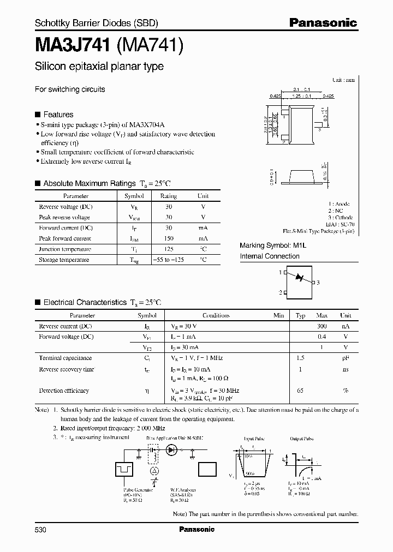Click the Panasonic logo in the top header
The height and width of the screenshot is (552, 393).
323,23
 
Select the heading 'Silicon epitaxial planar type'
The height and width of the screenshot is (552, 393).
99,67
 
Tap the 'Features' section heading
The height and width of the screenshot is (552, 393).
58,115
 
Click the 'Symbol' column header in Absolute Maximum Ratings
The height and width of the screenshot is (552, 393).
134,196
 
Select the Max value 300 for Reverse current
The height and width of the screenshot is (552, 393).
321,326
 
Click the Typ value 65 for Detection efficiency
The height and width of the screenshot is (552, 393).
300,391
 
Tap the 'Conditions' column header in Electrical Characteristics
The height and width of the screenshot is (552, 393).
216,316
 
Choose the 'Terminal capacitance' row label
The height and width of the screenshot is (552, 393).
65,358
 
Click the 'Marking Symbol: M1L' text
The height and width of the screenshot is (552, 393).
274,246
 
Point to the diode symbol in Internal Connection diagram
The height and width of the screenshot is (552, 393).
299,278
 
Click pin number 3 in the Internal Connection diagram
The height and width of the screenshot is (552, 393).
318,282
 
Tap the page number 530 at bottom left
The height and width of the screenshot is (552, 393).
41,529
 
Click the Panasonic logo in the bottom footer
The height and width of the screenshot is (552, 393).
196,529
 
